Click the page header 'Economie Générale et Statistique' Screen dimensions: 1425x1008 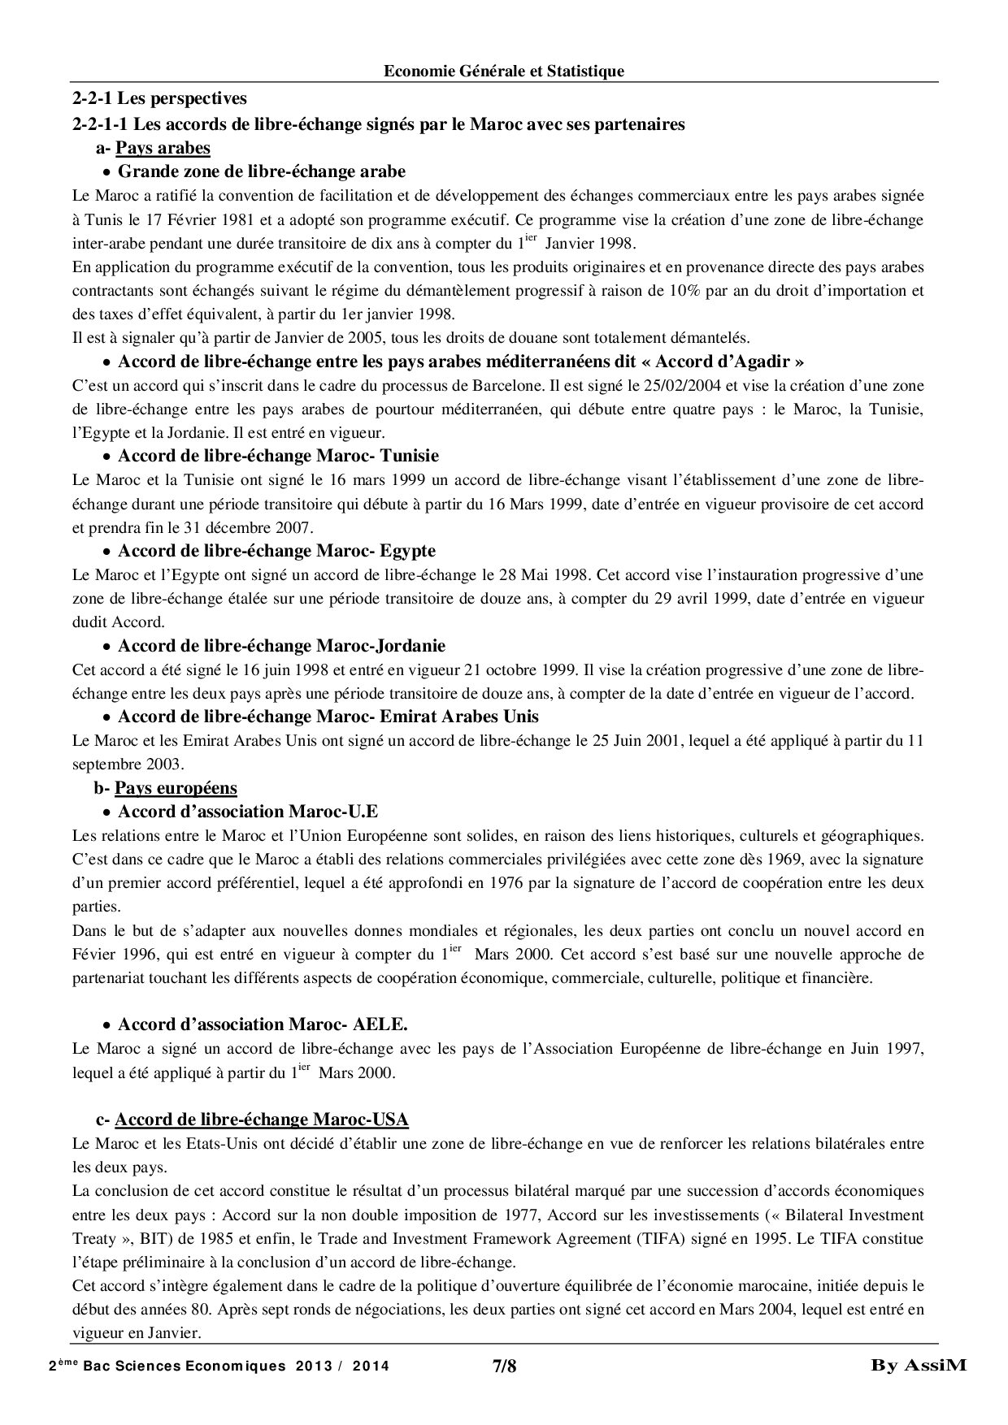coord(504,71)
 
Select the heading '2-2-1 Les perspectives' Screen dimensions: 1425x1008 coord(159,100)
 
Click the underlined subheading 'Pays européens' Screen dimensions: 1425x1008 coord(176,788)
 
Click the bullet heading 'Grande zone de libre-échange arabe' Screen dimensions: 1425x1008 coord(262,171)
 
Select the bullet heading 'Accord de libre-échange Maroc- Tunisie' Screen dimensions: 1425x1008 coord(278,456)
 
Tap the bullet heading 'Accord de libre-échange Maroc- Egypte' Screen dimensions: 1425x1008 coord(276,551)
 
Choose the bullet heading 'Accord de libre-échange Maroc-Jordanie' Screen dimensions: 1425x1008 coord(281,646)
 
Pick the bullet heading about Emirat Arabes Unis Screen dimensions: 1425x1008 coord(328,717)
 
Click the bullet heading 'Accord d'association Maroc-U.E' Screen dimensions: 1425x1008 coord(248,812)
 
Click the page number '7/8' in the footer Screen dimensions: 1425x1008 coord(504,1367)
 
